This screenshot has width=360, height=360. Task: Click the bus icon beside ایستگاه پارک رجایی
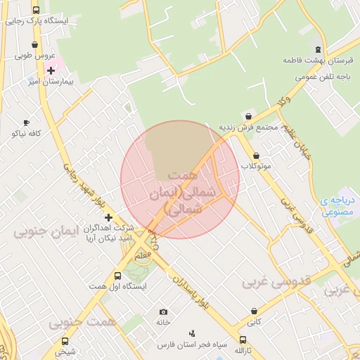[37, 11]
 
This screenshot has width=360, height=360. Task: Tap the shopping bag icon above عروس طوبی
[34, 45]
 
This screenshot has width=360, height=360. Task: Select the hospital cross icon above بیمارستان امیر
[51, 71]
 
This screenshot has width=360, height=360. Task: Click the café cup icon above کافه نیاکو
[27, 122]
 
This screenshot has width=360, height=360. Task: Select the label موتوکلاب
[257, 167]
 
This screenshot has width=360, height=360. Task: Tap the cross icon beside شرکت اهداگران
[108, 218]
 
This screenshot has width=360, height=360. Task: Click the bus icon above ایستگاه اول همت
[118, 276]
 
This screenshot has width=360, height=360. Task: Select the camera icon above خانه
[164, 311]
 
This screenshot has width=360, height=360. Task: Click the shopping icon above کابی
[253, 311]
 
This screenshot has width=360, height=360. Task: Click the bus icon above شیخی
[65, 341]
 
